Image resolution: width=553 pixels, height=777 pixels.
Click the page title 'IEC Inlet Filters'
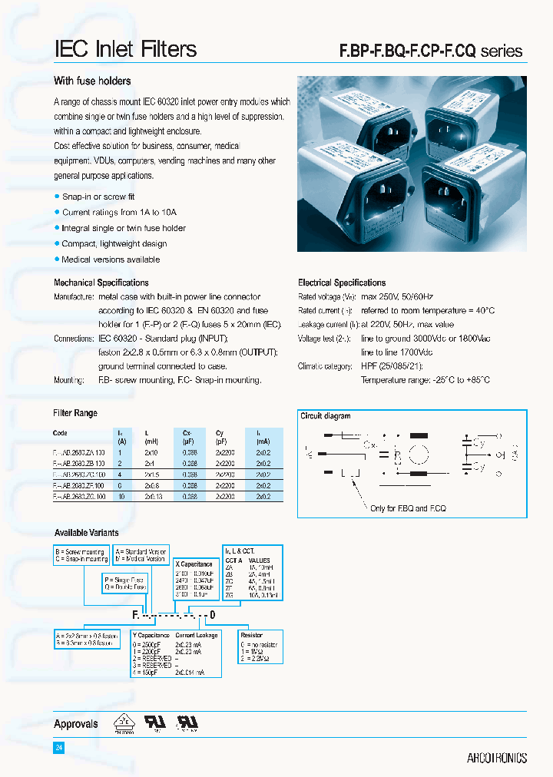125,50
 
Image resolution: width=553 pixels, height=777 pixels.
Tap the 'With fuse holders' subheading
92,81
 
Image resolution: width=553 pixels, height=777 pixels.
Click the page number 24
58,747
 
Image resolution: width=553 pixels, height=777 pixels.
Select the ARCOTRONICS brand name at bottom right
496,758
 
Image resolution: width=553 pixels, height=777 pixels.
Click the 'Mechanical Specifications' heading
101,283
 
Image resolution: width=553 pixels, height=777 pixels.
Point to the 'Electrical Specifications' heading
342,283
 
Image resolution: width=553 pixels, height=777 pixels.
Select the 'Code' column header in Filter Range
60,433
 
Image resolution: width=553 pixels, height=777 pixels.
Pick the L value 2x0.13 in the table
153,498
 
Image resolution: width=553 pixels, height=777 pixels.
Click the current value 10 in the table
121,498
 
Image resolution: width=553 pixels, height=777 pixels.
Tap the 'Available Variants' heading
86,533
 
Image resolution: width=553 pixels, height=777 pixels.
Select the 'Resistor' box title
251,635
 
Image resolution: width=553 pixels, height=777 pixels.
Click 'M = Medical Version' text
141,559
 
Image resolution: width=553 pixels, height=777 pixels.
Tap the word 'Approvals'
76,724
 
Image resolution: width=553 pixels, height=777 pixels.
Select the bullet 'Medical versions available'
111,260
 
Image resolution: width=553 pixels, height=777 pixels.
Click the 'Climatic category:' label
325,366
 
